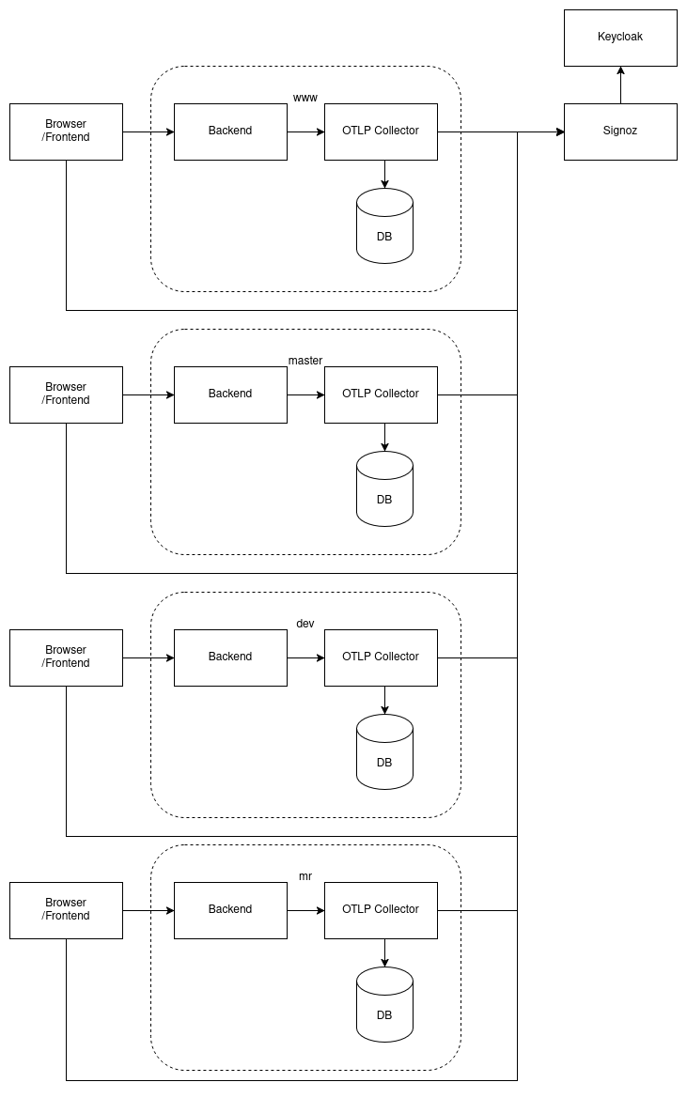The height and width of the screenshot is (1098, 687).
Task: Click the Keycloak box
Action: (x=620, y=38)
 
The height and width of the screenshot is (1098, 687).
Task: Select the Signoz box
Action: (x=620, y=131)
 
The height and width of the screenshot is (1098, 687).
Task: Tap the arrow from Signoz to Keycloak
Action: (x=620, y=85)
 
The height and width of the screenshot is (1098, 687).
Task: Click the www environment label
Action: (x=305, y=98)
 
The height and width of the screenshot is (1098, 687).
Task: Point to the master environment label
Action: (x=305, y=361)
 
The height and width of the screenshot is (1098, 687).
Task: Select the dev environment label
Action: (x=305, y=624)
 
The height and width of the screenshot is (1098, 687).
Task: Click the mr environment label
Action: (x=305, y=876)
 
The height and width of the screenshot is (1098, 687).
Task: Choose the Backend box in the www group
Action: (x=230, y=131)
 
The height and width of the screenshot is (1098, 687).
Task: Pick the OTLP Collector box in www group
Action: (x=381, y=131)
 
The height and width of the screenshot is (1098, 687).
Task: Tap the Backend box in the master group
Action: (x=230, y=394)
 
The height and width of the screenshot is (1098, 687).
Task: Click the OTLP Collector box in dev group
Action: (x=381, y=657)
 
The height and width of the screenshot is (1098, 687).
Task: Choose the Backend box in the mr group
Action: (x=230, y=910)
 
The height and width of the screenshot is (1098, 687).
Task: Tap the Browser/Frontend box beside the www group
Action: (x=66, y=131)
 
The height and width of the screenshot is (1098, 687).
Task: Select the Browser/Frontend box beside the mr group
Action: (x=66, y=910)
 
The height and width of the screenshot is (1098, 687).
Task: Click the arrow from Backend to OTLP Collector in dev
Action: (x=305, y=657)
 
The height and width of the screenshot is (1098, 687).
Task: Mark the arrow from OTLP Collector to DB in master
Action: (x=385, y=437)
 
